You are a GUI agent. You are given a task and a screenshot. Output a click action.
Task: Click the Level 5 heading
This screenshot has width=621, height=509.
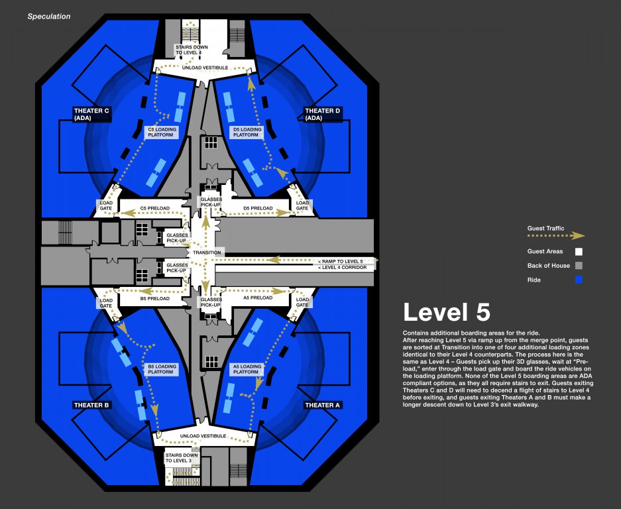[447, 312]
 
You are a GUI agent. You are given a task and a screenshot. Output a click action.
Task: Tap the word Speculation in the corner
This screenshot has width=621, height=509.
[48, 17]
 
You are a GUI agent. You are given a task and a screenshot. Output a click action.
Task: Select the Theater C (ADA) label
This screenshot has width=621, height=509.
[92, 114]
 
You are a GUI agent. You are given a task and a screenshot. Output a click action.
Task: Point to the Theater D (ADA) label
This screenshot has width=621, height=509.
[322, 114]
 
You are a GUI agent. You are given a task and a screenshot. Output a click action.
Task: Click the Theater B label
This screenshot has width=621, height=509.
[91, 405]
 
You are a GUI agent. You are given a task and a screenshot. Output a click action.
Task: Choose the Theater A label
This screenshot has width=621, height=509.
[322, 405]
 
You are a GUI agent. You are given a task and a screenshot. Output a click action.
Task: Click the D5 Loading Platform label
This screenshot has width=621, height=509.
[248, 132]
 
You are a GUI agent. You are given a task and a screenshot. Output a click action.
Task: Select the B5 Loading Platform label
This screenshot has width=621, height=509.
[162, 369]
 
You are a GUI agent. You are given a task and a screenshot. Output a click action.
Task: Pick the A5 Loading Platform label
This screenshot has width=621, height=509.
[247, 369]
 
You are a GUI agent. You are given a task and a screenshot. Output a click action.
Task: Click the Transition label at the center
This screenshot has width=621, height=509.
[207, 253]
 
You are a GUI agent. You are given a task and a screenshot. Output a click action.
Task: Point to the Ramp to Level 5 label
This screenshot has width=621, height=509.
[345, 261]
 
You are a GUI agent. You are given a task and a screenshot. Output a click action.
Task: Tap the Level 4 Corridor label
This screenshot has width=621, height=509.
[345, 267]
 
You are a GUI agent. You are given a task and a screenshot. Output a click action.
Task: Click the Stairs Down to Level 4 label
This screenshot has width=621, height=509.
[192, 50]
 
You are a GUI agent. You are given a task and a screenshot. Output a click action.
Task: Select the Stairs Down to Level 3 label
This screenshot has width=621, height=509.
[182, 458]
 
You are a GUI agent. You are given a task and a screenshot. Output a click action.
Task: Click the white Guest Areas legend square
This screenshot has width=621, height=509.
[579, 252]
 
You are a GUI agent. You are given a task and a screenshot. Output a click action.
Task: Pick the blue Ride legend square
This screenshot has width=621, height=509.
[579, 280]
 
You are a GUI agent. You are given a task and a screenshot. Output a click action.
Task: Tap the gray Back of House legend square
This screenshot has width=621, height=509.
[579, 266]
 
